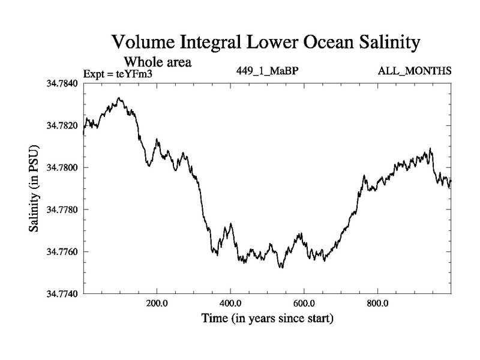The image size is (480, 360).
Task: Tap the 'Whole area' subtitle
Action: coord(158,61)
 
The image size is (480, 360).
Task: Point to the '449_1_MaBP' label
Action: coord(268,71)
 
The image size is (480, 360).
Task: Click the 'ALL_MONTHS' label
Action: coord(415,71)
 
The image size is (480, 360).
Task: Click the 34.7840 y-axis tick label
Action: coord(61,83)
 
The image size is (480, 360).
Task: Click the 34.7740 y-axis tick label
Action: coord(61,293)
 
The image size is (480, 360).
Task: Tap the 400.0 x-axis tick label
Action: coord(230,303)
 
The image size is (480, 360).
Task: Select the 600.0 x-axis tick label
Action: coord(304,303)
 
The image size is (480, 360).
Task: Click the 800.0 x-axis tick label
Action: coord(378,303)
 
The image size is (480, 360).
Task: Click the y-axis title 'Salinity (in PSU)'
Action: coord(34,188)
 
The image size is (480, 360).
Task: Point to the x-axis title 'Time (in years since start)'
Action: coord(267,317)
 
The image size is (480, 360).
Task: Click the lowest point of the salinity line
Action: coord(281,268)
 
